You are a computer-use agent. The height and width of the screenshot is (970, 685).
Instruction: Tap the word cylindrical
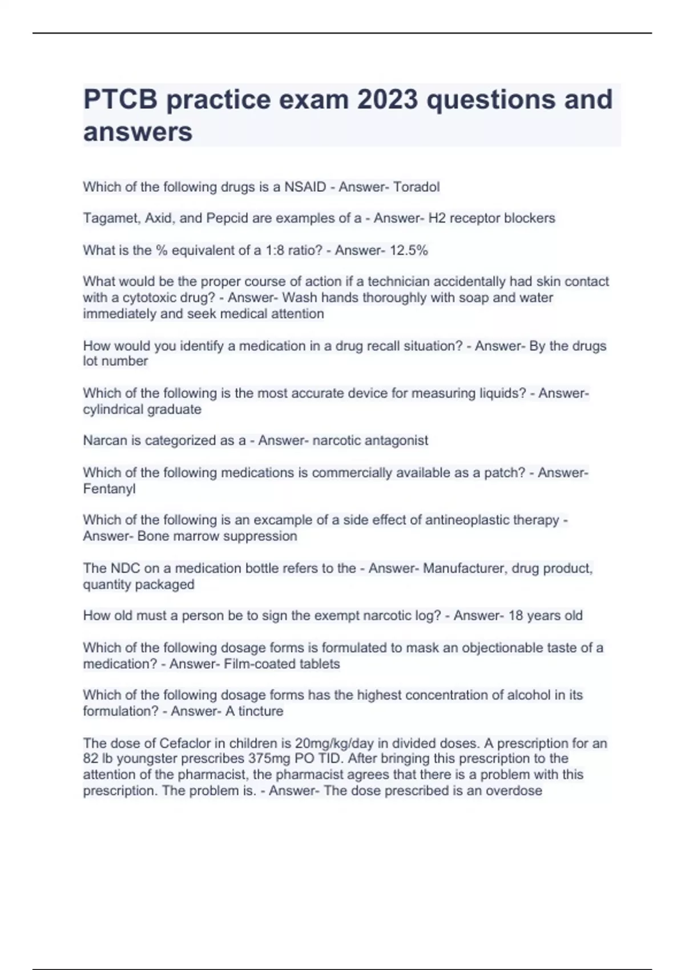(113, 410)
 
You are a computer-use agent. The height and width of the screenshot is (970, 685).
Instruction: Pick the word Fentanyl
(109, 489)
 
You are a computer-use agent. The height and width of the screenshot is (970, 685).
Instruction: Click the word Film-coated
(252, 664)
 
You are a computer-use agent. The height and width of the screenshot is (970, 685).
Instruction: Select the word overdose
(514, 791)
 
